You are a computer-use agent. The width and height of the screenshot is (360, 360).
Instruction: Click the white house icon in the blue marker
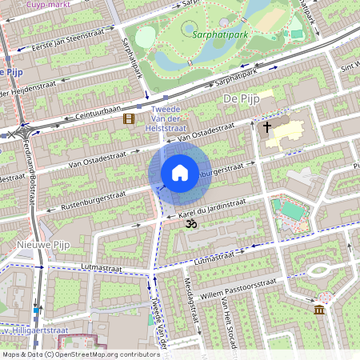pyautogui.click(x=180, y=172)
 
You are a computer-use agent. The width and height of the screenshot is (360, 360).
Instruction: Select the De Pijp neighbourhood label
pyautogui.click(x=238, y=98)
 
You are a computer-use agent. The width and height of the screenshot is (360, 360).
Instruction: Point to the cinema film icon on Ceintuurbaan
pyautogui.click(x=128, y=119)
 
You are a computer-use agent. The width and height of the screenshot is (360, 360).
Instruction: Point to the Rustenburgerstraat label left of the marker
pyautogui.click(x=86, y=201)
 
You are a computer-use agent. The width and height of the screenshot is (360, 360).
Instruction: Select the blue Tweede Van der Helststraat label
pyautogui.click(x=170, y=118)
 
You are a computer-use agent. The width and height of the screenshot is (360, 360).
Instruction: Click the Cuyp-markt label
pyautogui.click(x=46, y=4)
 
